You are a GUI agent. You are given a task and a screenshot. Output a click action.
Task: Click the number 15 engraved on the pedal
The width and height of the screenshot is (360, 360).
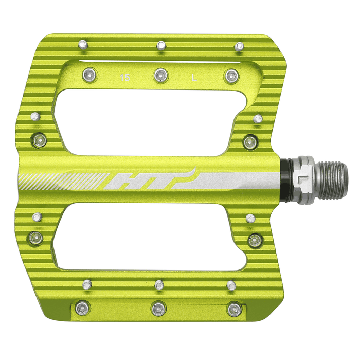(x=124, y=78)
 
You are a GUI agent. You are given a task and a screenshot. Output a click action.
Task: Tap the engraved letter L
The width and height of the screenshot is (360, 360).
(x=194, y=78)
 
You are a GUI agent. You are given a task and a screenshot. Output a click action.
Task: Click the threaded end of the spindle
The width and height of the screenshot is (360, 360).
(x=335, y=179)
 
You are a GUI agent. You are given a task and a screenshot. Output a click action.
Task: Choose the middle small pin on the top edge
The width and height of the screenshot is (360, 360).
(x=161, y=45)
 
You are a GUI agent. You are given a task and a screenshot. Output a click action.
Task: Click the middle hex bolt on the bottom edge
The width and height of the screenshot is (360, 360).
(x=158, y=309)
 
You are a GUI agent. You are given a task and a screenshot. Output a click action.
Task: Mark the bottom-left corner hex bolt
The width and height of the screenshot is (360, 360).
(x=81, y=308)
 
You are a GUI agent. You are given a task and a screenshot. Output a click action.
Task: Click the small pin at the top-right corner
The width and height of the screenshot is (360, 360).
(x=239, y=47)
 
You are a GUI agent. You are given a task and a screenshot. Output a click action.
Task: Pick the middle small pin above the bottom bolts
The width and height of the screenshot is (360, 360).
(x=159, y=284)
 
